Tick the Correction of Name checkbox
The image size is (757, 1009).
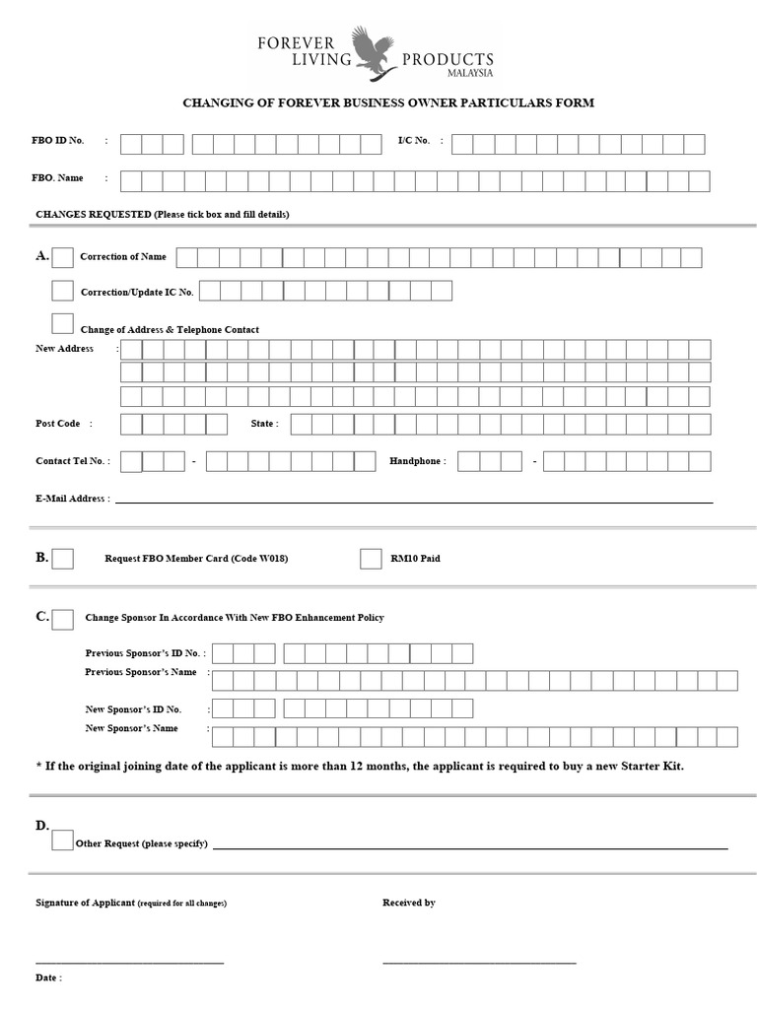(x=62, y=257)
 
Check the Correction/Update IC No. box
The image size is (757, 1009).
(x=62, y=291)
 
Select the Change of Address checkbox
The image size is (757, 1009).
(x=62, y=323)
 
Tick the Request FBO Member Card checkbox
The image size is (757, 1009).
(x=62, y=559)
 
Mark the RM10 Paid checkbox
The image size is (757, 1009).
(x=371, y=559)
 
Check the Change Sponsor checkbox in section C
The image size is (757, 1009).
(x=62, y=619)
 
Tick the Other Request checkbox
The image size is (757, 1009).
(x=62, y=841)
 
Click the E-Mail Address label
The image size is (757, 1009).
(x=72, y=499)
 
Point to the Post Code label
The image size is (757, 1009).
(x=58, y=423)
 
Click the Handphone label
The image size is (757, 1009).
(x=417, y=460)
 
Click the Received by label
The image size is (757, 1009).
(x=409, y=903)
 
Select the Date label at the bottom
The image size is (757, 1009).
(x=48, y=977)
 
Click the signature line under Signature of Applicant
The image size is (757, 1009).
(x=129, y=962)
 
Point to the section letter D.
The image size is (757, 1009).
(x=42, y=825)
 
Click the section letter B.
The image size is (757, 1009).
(x=42, y=557)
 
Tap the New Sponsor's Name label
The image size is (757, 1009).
(x=131, y=728)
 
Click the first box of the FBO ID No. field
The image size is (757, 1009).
(x=131, y=145)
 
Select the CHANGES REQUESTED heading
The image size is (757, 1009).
(x=94, y=214)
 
